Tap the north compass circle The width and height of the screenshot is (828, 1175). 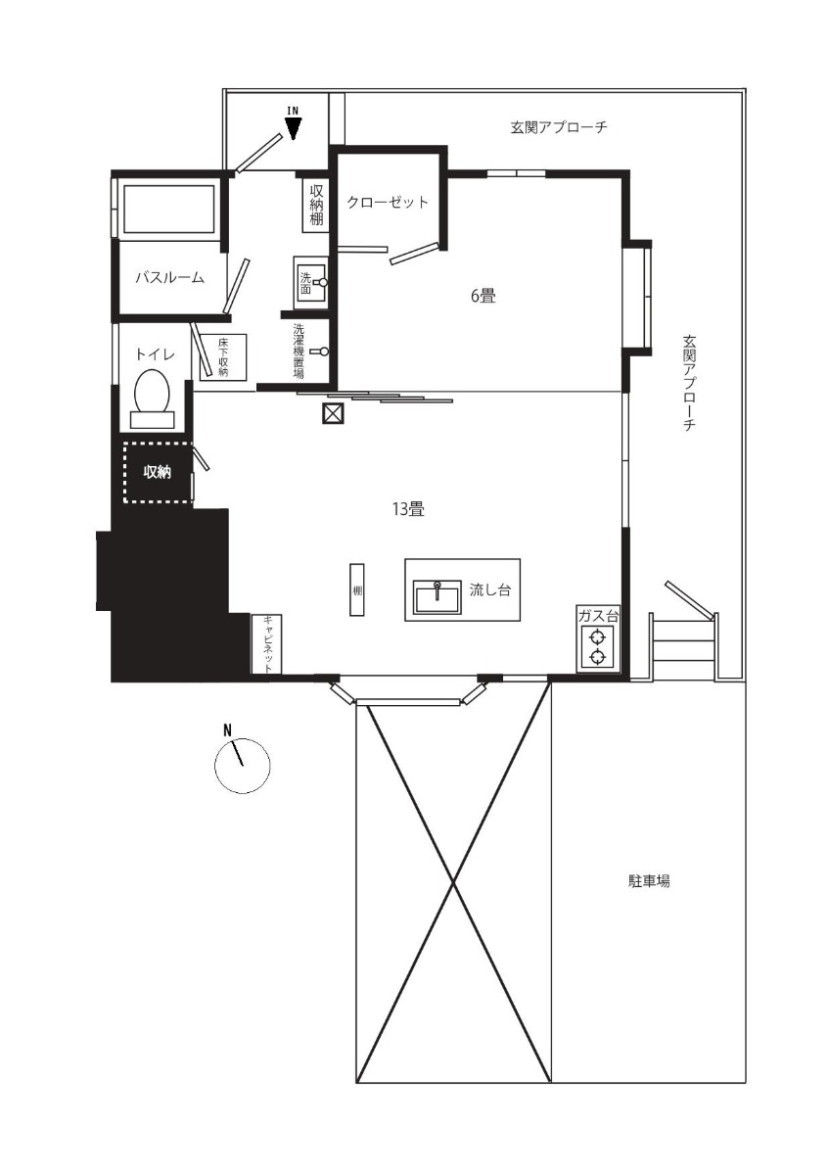[243, 766]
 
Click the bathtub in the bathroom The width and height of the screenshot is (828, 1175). [169, 210]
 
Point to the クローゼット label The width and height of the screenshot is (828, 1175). [388, 202]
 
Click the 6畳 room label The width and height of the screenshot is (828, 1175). [483, 296]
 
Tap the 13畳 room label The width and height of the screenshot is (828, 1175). [407, 508]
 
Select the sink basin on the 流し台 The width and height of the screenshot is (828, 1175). [437, 597]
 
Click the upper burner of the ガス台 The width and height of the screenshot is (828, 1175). [597, 637]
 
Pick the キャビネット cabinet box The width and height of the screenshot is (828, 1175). [267, 643]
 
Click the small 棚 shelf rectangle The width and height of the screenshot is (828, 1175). [356, 589]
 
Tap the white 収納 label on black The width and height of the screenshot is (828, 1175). [157, 472]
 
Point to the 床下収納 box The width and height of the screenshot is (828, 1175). [223, 356]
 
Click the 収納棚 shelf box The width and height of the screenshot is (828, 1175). [316, 205]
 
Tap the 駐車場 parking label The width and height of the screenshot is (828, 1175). [649, 880]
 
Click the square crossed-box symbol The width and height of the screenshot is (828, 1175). [333, 413]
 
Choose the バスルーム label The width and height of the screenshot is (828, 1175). [169, 277]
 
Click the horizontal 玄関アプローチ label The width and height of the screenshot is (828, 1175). [559, 127]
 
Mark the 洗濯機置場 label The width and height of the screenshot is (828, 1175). [299, 351]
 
